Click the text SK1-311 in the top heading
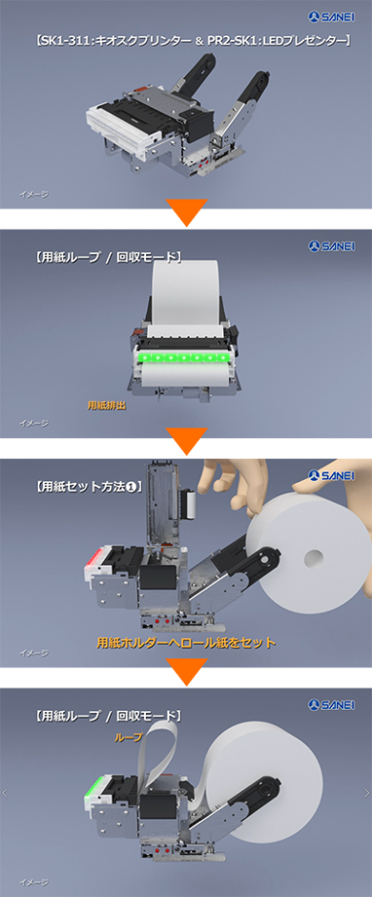click(x=65, y=41)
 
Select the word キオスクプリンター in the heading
click(x=137, y=41)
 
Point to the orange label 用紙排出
click(x=106, y=405)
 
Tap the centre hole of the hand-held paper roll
click(x=311, y=555)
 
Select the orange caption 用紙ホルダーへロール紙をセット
click(x=187, y=642)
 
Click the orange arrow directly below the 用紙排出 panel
click(x=186, y=442)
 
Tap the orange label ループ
click(x=128, y=738)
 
